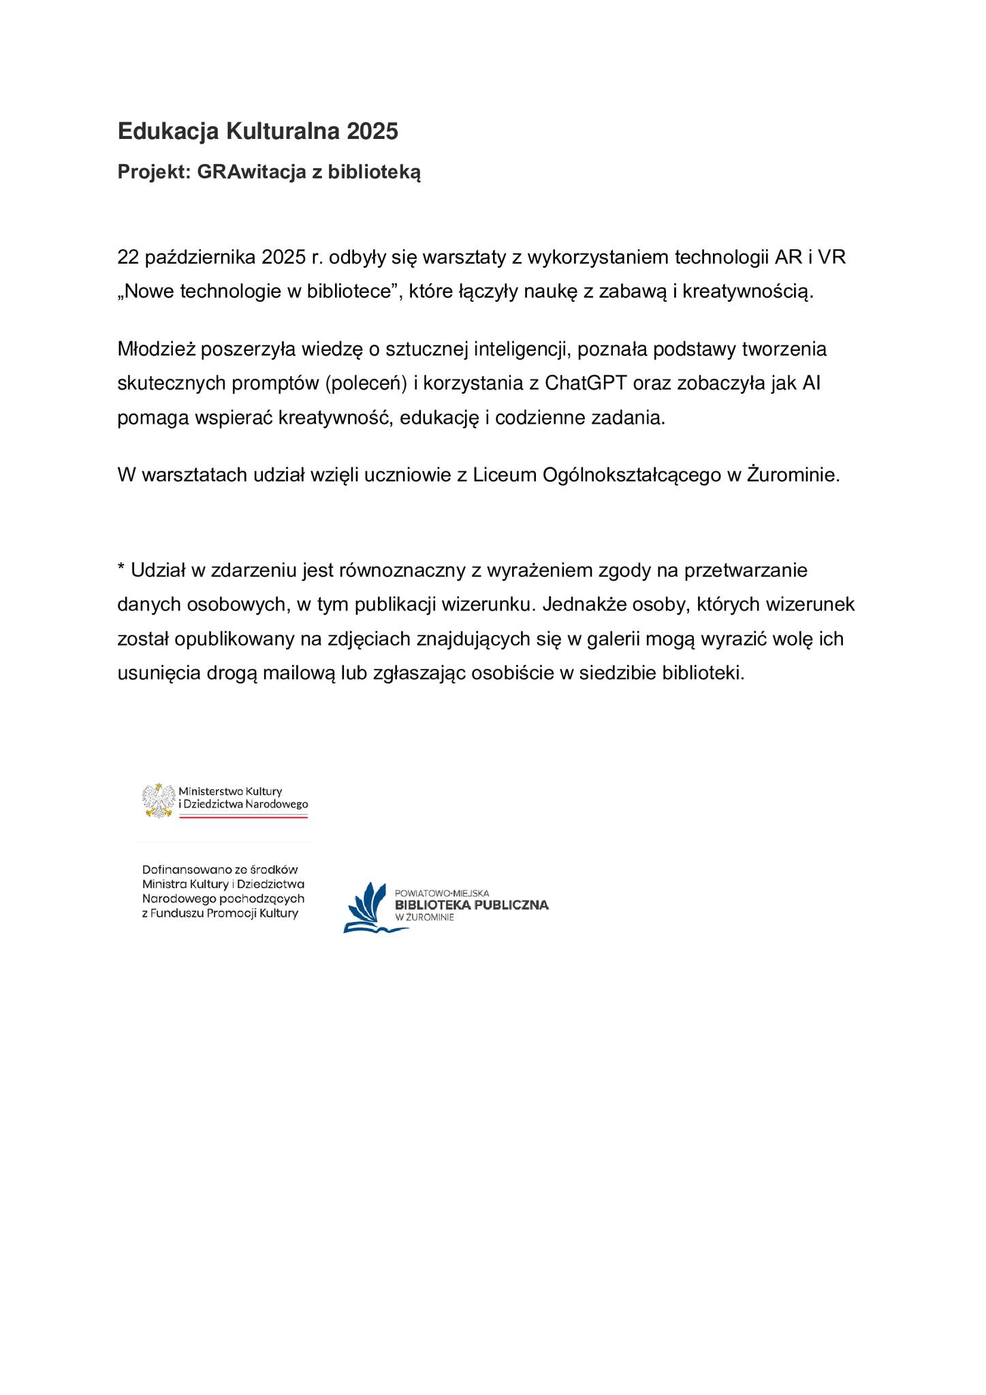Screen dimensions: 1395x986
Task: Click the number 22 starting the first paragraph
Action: [x=128, y=257]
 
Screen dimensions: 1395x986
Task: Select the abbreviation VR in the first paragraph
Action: [x=831, y=257]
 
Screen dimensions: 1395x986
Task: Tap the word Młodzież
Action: [x=156, y=349]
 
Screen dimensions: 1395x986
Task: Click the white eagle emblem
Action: [x=159, y=800]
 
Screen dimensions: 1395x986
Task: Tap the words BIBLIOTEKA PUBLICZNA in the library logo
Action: [x=471, y=905]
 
